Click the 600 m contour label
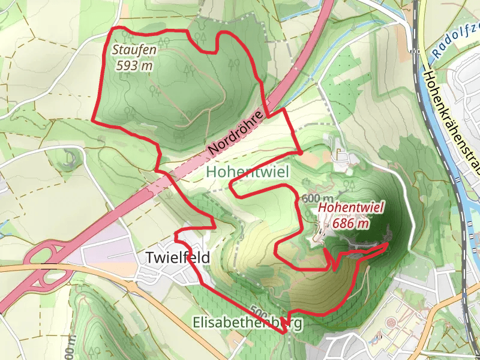tap(317, 199)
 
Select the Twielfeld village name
tap(178, 258)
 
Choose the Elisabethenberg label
tap(248, 323)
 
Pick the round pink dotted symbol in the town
tap(392, 322)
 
